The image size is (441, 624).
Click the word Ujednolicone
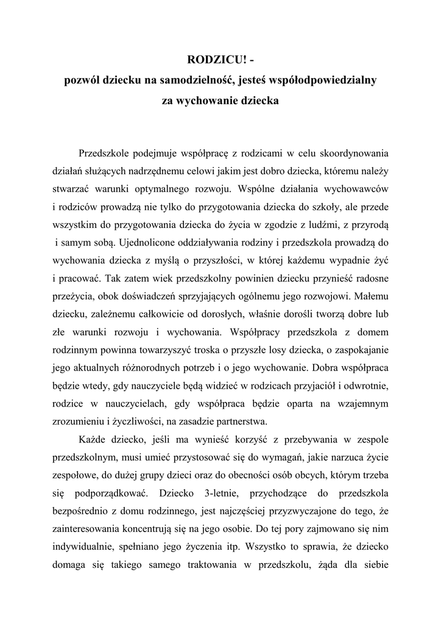[147, 243]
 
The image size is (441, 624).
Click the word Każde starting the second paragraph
[93, 438]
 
